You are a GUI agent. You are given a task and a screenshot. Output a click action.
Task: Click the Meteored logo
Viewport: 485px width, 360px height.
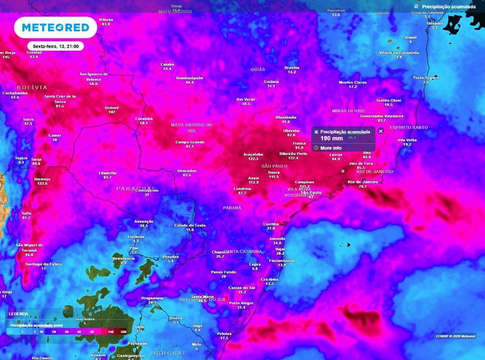coord(55,27)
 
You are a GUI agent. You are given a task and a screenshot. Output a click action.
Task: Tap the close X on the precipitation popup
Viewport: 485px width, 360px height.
coord(380,131)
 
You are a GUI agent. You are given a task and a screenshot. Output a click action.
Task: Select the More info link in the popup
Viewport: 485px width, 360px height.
coord(331,148)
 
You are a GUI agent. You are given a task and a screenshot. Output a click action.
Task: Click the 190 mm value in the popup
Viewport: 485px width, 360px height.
coord(332,138)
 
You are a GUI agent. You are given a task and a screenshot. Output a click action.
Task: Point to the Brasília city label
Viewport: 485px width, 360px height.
coord(292,68)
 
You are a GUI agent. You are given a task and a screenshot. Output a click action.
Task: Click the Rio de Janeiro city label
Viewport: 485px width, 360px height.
coord(363,181)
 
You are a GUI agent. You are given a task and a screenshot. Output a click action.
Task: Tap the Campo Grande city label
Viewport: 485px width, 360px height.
coord(189,142)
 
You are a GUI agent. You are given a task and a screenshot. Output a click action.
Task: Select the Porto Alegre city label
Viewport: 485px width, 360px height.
coord(241,303)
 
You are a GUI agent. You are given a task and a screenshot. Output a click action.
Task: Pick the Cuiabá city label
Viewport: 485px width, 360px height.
coord(167,64)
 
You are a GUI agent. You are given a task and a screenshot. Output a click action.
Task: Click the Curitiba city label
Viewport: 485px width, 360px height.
coord(271,224)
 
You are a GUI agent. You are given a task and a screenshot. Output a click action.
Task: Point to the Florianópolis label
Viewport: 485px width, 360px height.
coord(282,261)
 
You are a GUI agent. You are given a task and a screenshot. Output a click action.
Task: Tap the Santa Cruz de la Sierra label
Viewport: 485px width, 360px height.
coord(60,99)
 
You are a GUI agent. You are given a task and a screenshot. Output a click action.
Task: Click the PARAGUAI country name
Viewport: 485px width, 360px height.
coord(134,188)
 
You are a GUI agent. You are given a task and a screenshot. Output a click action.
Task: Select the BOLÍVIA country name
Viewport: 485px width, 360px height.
coord(32,88)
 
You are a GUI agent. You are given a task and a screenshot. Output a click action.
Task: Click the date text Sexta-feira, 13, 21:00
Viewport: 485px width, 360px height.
coord(56,46)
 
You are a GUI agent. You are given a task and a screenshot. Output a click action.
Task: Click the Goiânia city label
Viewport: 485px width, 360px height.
coord(271,81)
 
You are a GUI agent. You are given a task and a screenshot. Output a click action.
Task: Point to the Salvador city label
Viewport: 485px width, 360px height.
coord(434,23)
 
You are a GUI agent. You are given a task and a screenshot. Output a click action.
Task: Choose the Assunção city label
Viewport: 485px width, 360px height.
coord(144,221)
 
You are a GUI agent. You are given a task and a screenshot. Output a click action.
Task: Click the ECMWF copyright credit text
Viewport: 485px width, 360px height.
coord(455,336)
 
